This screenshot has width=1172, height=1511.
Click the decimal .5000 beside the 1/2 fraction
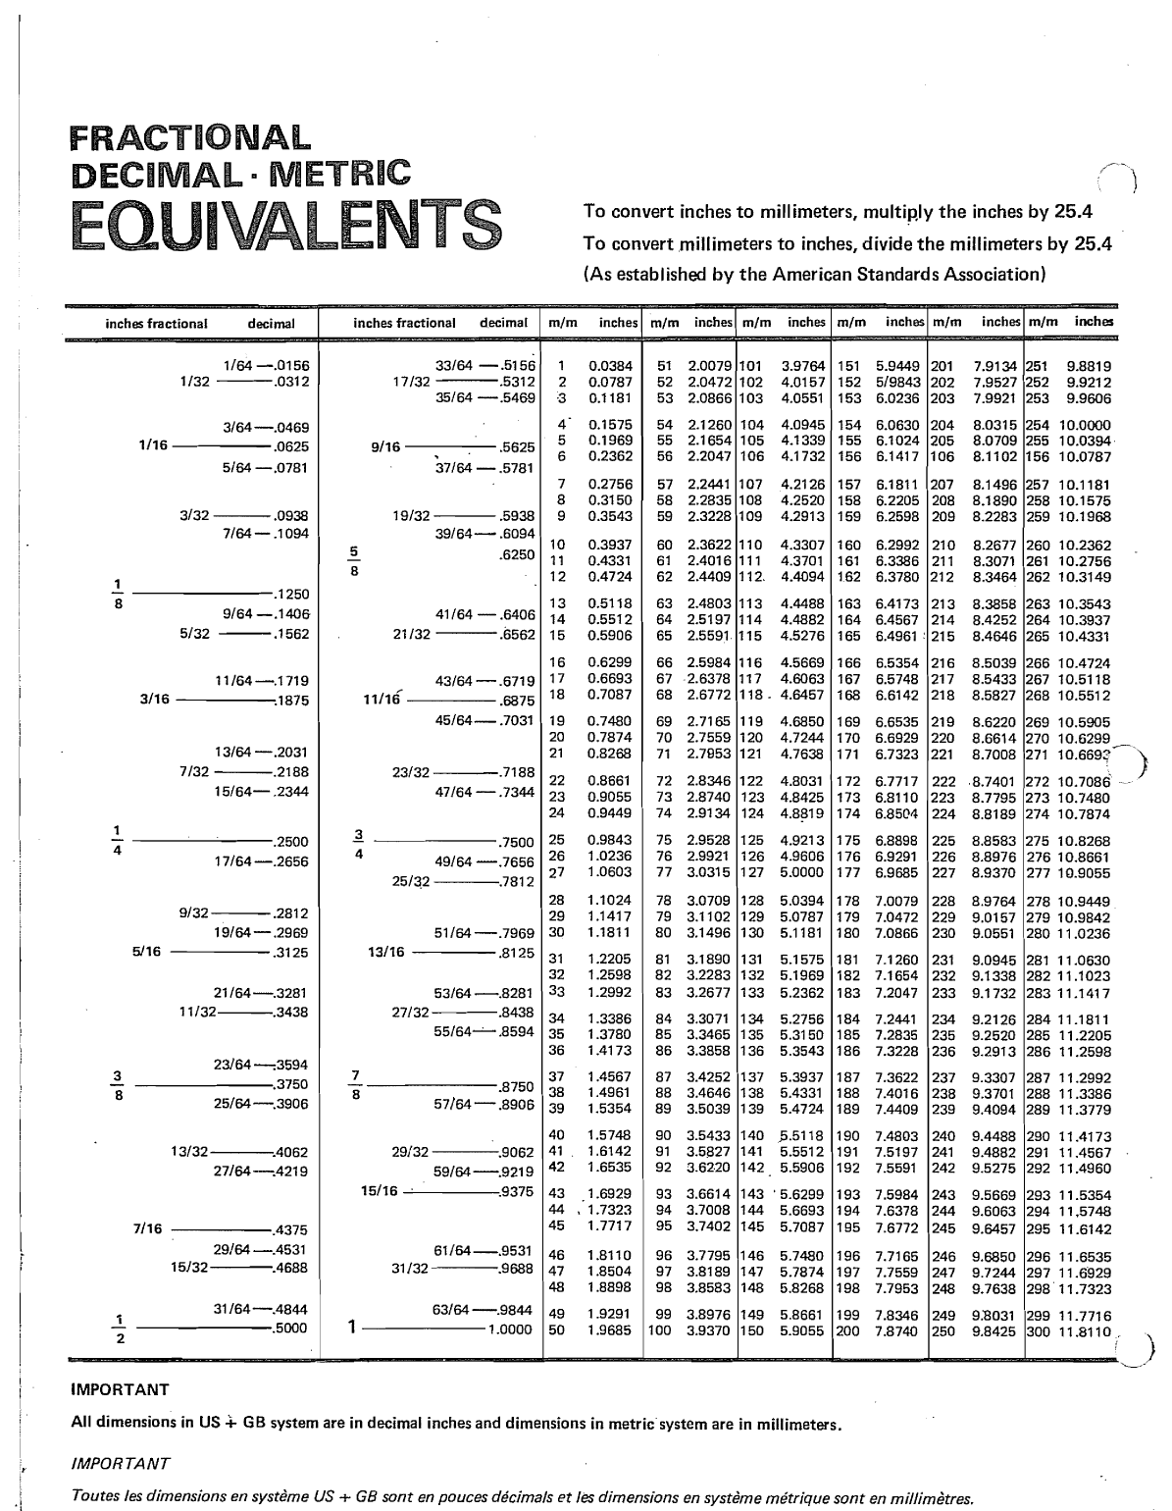pyautogui.click(x=289, y=1329)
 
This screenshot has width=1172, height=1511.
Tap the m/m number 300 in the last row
pyautogui.click(x=1038, y=1331)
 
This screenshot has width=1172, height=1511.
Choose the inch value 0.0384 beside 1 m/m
pyautogui.click(x=610, y=366)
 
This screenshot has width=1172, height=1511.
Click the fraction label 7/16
pyautogui.click(x=148, y=1228)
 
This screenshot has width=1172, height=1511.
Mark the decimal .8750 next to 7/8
pyautogui.click(x=515, y=1087)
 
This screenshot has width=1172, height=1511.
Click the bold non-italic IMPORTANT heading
pyautogui.click(x=121, y=1389)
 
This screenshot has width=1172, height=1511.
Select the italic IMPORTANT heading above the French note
pyautogui.click(x=122, y=1463)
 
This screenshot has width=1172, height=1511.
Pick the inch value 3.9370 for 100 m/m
pyautogui.click(x=708, y=1331)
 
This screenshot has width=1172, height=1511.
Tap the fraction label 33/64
pyautogui.click(x=455, y=366)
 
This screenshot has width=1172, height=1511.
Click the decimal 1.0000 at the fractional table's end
pyautogui.click(x=510, y=1329)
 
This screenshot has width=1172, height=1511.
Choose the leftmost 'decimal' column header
pyautogui.click(x=271, y=324)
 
